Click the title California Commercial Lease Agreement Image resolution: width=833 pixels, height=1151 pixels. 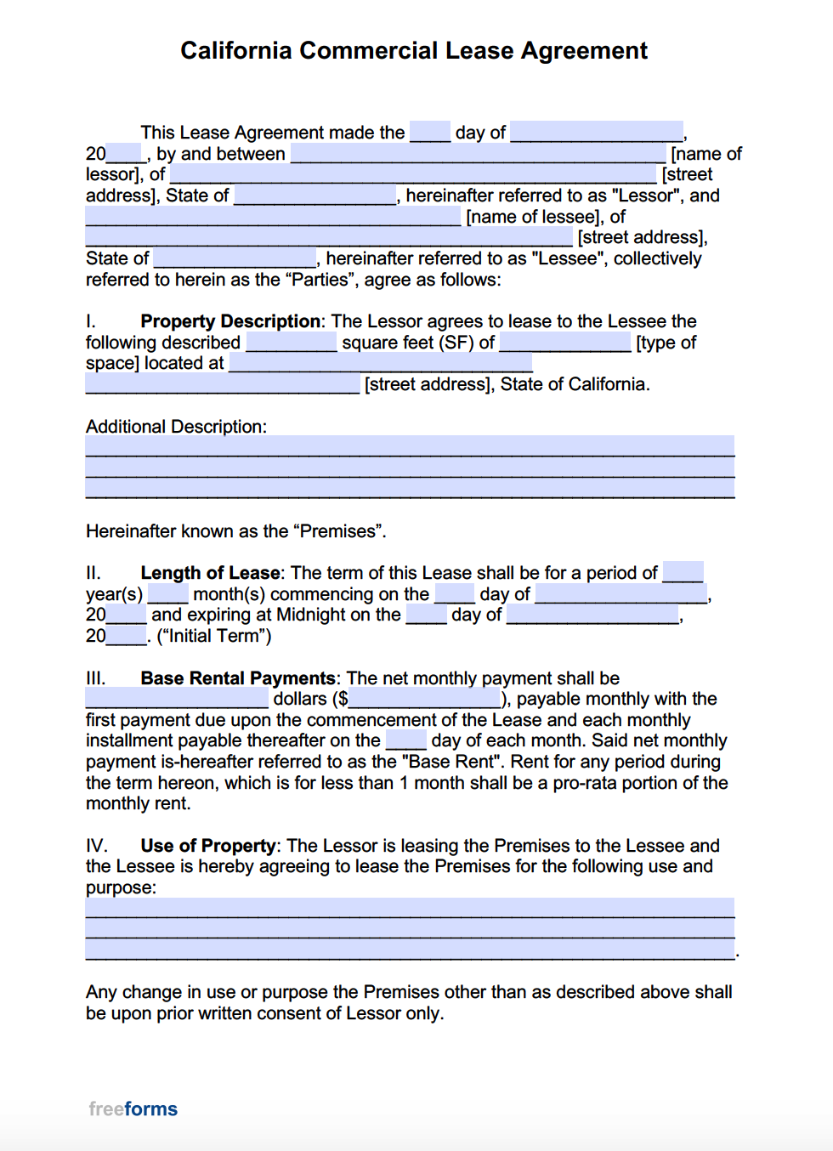point(414,51)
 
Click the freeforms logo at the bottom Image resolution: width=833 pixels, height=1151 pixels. point(133,1108)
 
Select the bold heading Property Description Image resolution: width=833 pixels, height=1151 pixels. point(230,321)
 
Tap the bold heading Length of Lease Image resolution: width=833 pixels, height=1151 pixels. point(210,573)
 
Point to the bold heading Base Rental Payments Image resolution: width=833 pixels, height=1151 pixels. point(238,678)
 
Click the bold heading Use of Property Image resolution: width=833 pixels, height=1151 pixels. point(208,846)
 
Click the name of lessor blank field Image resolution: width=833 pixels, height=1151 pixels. point(479,154)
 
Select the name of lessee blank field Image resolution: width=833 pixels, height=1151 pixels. point(273,217)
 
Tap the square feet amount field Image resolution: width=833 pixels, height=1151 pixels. point(292,343)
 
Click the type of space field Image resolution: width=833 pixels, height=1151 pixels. point(565,343)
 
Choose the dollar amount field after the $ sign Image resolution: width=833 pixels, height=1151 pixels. point(425,700)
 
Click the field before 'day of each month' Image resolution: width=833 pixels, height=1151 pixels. point(405,740)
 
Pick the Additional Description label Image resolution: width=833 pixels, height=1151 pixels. point(176,427)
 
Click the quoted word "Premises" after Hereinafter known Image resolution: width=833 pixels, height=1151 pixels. point(338,531)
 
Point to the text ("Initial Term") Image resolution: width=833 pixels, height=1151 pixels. point(214,636)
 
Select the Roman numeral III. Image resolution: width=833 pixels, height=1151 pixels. point(95,678)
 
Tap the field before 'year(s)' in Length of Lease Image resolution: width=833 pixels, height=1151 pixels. point(683,573)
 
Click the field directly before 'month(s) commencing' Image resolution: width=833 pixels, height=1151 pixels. point(167,594)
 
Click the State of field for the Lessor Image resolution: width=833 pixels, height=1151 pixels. point(315,196)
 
